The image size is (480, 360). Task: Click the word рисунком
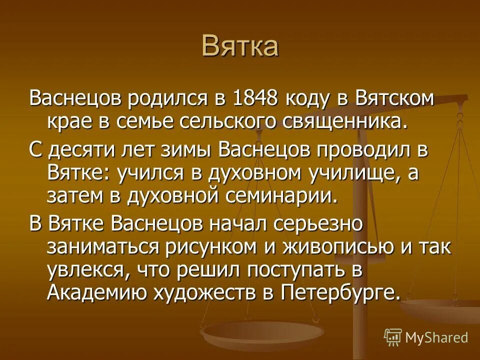(231, 247)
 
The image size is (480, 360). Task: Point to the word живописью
(348, 247)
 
